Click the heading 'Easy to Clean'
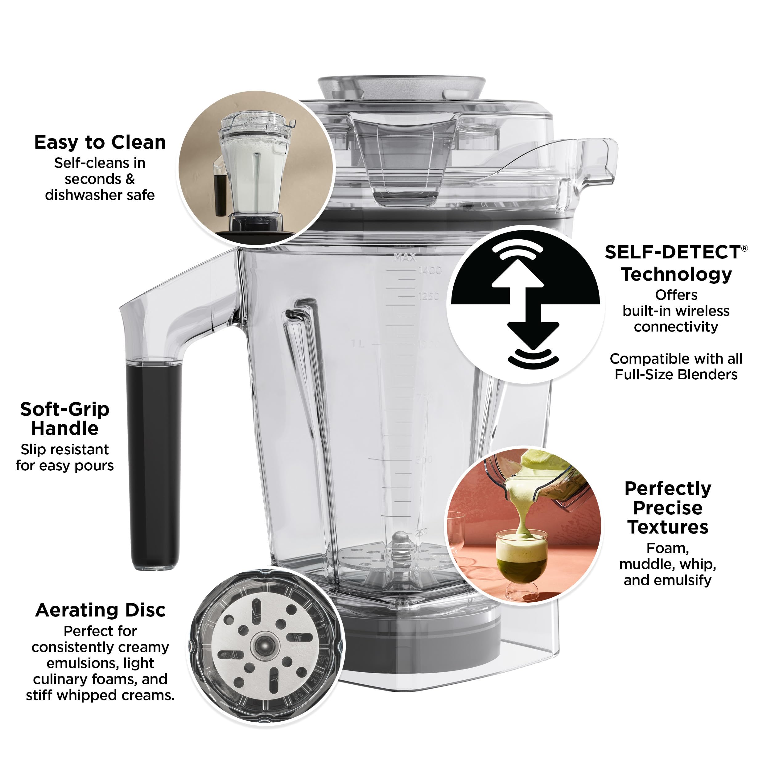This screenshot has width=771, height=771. coord(100,142)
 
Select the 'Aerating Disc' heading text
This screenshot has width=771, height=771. coord(100,610)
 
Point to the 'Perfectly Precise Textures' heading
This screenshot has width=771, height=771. coord(668,508)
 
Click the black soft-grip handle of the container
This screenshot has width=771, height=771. coord(154,463)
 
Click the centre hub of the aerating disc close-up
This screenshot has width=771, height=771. coord(264,645)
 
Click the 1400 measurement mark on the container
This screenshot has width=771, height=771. coord(430,270)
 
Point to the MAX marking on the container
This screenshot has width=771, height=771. coord(405,258)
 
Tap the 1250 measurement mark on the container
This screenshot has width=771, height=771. coord(429,296)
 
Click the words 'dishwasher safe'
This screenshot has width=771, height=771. coord(100,195)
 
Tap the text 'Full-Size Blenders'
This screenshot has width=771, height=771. coord(676,375)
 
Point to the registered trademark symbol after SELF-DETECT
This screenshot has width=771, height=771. coord(744,249)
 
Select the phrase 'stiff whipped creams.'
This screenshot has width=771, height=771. coord(100,695)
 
